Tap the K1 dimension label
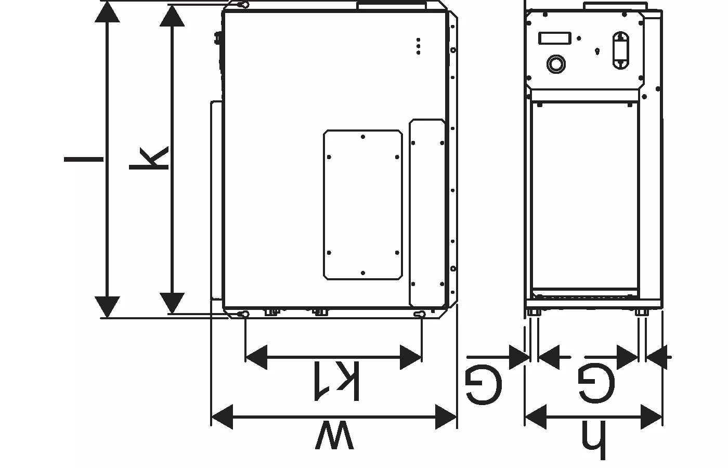click(x=336, y=381)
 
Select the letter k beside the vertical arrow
click(x=149, y=158)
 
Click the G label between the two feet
click(x=596, y=383)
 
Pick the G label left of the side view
click(x=484, y=385)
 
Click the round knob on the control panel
click(x=556, y=64)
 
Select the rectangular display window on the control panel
click(x=555, y=38)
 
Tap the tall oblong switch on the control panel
click(x=621, y=50)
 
